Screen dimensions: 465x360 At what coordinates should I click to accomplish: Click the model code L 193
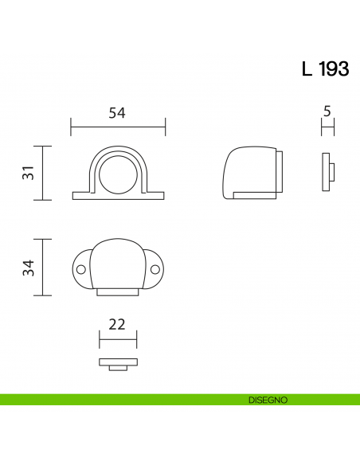tap(325, 69)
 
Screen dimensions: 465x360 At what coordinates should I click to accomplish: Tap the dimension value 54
tap(117, 113)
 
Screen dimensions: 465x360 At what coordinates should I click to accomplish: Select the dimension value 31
tap(28, 172)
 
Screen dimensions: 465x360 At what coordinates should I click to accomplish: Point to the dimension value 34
tap(28, 267)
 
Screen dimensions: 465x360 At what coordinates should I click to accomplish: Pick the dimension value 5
tap(327, 111)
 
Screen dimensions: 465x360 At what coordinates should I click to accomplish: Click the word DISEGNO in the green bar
tap(267, 399)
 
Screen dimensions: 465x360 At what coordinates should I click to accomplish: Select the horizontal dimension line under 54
tap(118, 126)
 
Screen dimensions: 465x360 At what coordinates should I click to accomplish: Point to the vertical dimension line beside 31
tap(43, 173)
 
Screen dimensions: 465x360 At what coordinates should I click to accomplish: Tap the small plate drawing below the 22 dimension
tap(118, 364)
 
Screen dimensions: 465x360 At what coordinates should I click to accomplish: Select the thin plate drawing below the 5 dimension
tap(327, 171)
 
